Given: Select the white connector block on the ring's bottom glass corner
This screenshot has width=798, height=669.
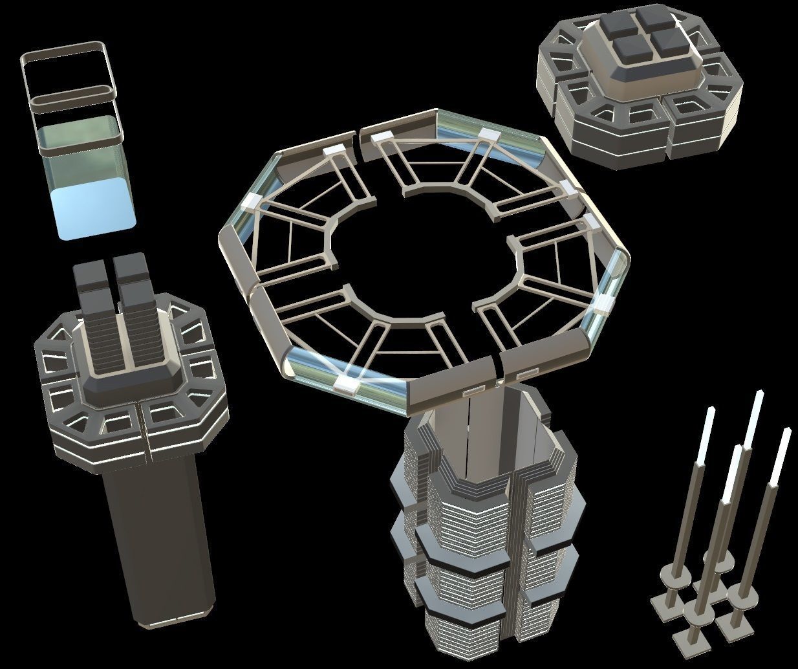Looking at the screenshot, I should point(347,386).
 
